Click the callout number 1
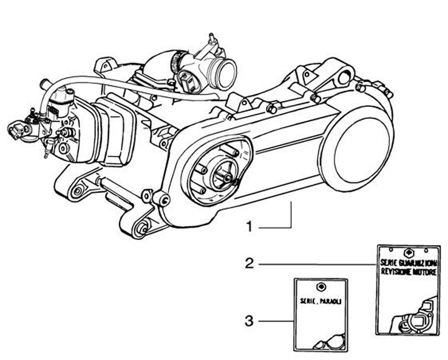click(249, 228)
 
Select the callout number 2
click(248, 264)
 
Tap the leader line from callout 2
click(317, 265)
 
